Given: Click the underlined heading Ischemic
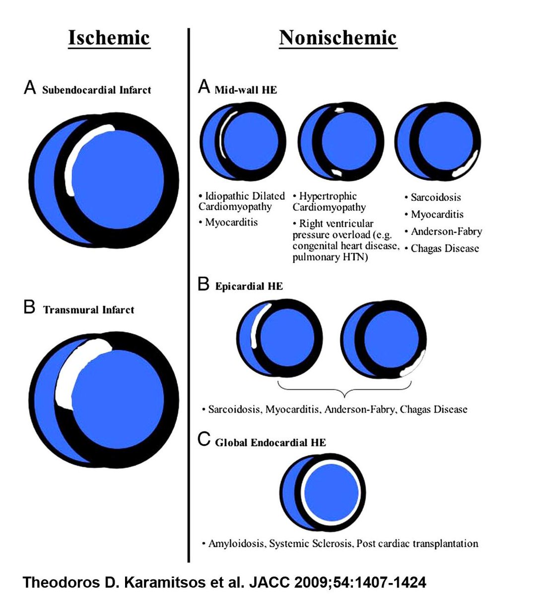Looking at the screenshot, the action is click(x=109, y=38).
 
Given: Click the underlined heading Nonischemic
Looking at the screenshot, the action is click(x=338, y=38).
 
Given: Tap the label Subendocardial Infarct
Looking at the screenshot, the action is click(x=96, y=90).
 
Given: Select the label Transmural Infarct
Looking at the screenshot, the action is click(x=88, y=309).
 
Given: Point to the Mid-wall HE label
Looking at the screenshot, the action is click(x=246, y=90).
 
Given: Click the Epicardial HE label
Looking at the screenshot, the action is click(x=249, y=286).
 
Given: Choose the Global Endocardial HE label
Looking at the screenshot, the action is click(x=270, y=443).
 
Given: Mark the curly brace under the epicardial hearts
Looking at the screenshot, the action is click(x=344, y=388).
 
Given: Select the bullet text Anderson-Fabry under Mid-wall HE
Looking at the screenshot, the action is click(x=446, y=231).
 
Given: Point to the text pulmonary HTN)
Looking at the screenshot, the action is click(x=330, y=256).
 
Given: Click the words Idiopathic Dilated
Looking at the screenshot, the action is click(x=245, y=196).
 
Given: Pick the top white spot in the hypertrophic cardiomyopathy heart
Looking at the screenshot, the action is click(x=339, y=110).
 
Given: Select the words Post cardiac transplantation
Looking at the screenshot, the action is click(x=417, y=543).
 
